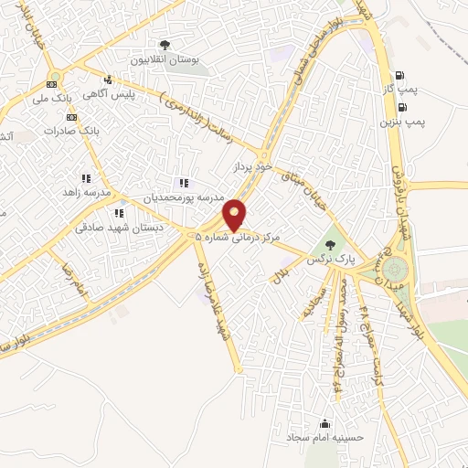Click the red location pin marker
(235, 214)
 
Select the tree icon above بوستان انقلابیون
(165, 44)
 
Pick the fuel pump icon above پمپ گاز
(399, 77)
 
